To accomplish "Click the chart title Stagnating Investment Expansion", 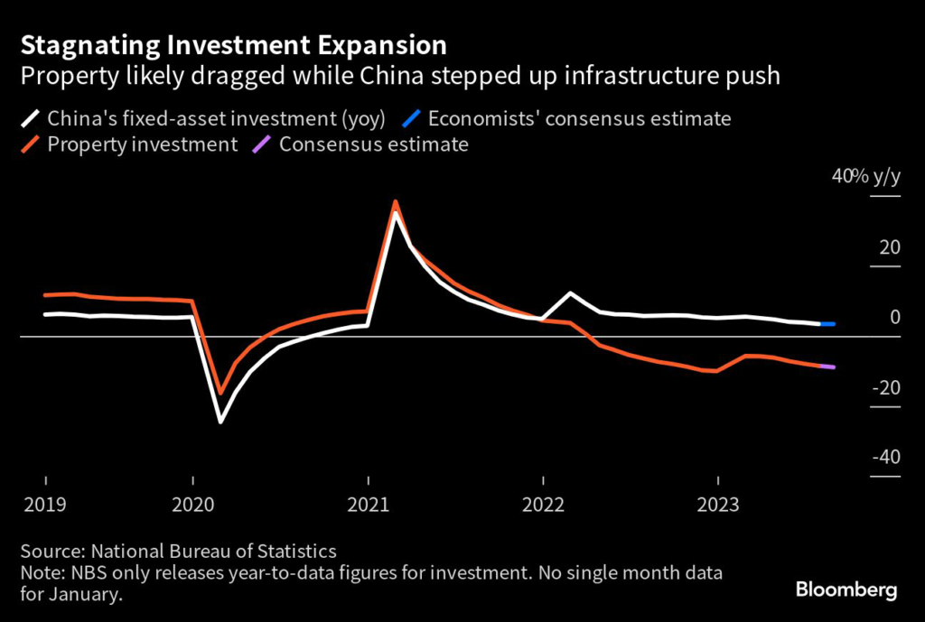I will [x=232, y=45].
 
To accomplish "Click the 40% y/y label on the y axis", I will [x=865, y=177].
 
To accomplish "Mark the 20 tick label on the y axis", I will [x=889, y=247].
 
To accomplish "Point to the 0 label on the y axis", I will [x=894, y=317].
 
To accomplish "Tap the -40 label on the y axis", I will [x=885, y=457].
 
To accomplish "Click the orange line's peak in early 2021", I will [x=395, y=201].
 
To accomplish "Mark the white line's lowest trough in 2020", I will [x=220, y=422].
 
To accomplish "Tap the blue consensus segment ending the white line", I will [x=827, y=323].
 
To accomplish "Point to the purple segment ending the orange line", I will [x=827, y=367].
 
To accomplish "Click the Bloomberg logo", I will [x=846, y=590].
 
